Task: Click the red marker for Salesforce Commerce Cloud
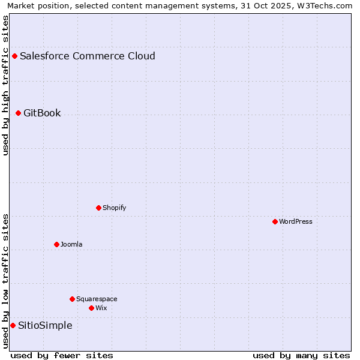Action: (14, 56)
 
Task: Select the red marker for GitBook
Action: (18, 113)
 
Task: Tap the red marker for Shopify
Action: (98, 208)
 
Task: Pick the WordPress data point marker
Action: (275, 222)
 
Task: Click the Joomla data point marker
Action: (56, 245)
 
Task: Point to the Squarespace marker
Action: (72, 299)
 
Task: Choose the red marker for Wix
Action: (91, 308)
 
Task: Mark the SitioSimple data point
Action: (13, 326)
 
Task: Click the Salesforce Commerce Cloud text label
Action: (88, 56)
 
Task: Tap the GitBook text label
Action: (42, 113)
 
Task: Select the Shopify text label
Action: (114, 208)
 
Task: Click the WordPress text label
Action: (296, 222)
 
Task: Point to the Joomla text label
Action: (71, 245)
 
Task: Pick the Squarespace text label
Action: (97, 299)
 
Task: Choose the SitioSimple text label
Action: (45, 326)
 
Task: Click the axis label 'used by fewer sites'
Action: (62, 355)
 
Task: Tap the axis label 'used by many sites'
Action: (301, 355)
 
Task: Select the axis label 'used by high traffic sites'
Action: (5, 85)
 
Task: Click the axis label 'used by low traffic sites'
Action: (5, 281)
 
